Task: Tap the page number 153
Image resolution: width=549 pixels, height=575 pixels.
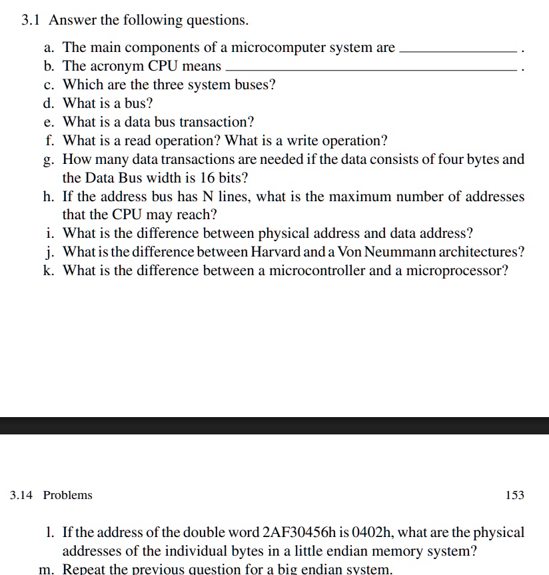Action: coord(515,495)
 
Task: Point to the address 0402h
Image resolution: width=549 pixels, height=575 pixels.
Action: coord(378,533)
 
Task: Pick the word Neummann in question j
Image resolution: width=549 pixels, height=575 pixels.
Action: coord(399,253)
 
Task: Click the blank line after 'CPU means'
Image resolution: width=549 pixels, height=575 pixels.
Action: coord(372,70)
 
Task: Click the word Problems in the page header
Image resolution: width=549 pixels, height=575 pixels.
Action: coord(68,495)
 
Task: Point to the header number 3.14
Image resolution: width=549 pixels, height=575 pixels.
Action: coord(22,495)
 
